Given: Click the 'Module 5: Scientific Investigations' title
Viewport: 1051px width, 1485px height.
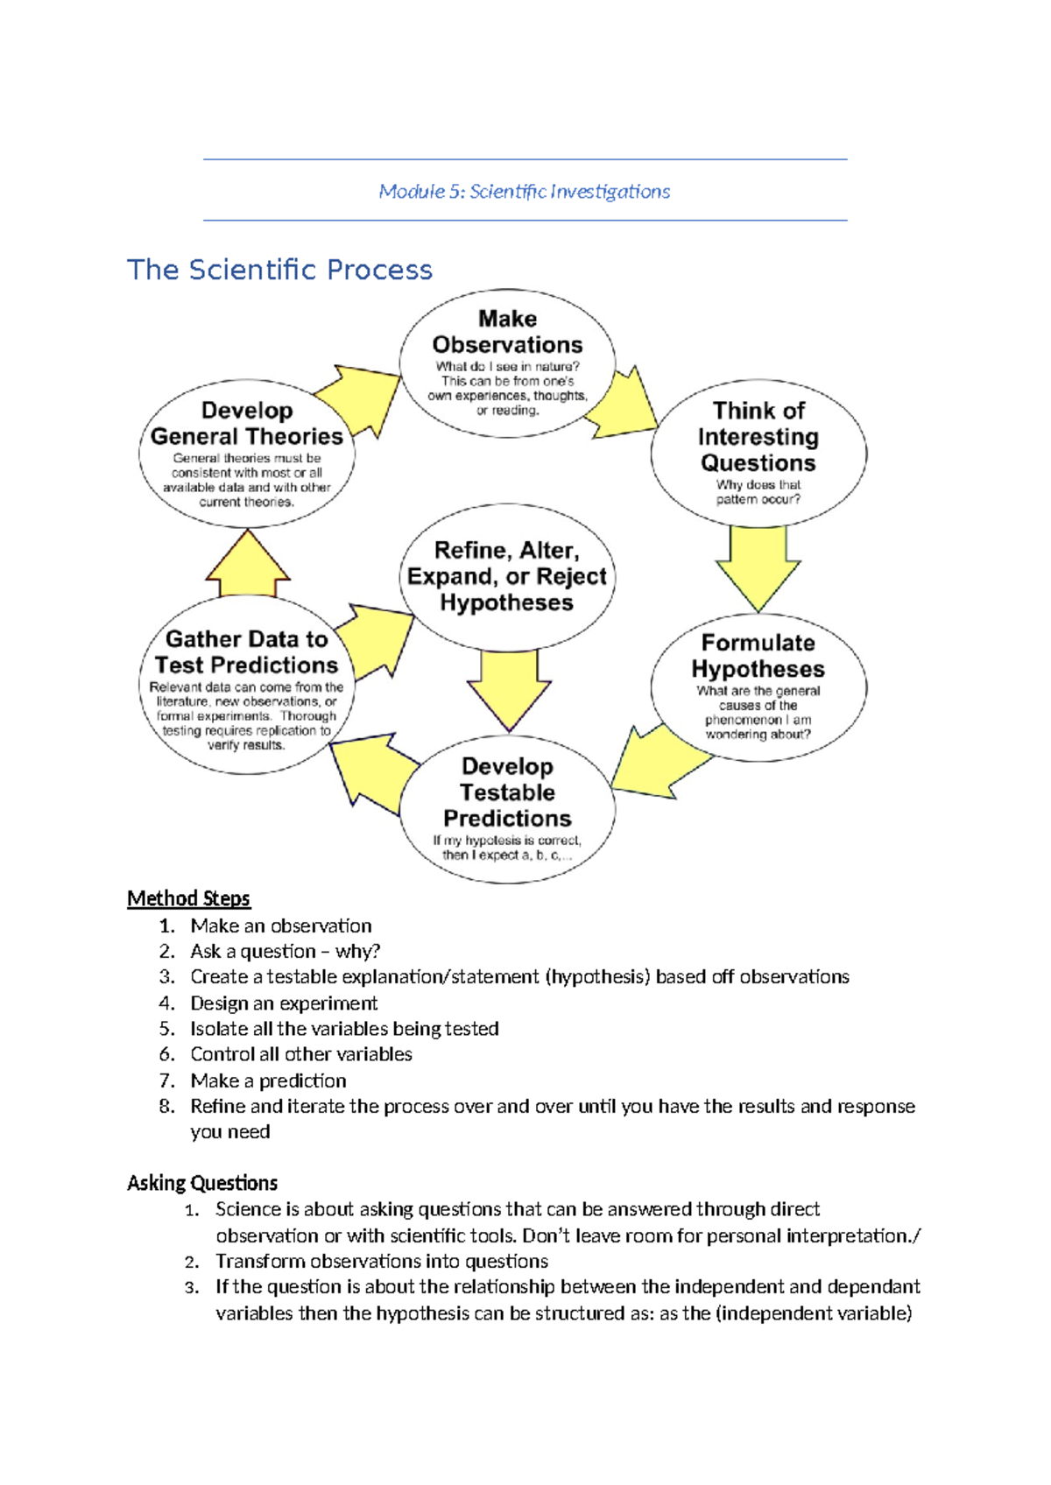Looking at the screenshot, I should [x=524, y=191].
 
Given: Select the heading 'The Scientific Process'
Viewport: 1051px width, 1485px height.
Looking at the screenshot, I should [x=279, y=270].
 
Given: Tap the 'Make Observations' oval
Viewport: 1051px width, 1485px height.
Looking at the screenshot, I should [x=507, y=362].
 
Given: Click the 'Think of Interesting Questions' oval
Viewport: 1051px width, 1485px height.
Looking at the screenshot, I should [x=758, y=453].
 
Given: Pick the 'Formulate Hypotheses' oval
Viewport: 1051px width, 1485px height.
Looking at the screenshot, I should [x=758, y=687].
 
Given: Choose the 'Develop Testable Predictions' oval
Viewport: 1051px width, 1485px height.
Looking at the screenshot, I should [x=507, y=808].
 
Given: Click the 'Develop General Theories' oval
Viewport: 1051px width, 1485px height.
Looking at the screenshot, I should [x=246, y=454].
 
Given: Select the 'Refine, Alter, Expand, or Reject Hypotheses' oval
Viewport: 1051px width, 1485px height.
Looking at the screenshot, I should [x=507, y=576].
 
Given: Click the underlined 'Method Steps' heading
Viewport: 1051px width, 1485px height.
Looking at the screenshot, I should [x=188, y=898].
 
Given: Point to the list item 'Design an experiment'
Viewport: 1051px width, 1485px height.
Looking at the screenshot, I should [x=284, y=1003].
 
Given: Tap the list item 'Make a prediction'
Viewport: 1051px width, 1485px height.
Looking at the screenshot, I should [x=268, y=1080].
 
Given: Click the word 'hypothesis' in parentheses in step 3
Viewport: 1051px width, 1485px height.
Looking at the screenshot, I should [x=597, y=976].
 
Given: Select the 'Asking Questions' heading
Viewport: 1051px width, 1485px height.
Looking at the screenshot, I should [x=202, y=1183].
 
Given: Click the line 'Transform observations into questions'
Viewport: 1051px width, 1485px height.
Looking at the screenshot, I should [x=382, y=1261].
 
